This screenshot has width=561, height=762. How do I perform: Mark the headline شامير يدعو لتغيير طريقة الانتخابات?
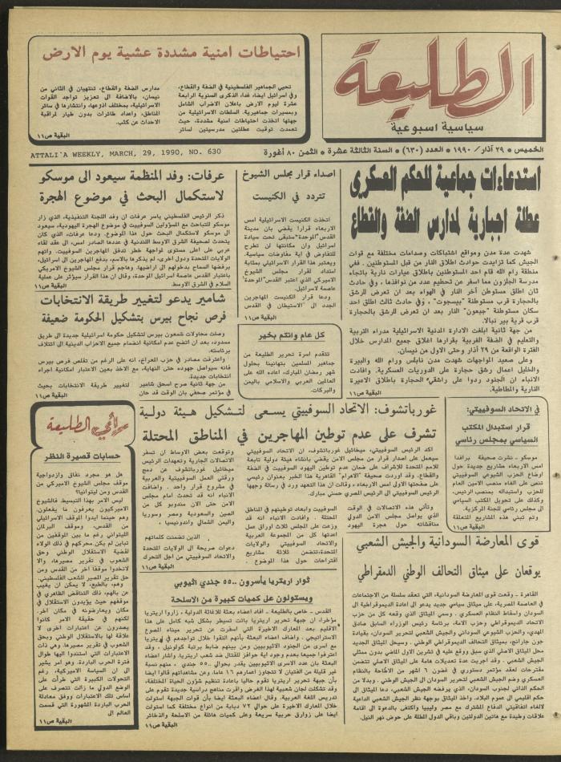point(131,300)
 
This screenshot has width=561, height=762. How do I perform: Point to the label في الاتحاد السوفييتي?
point(505,409)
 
